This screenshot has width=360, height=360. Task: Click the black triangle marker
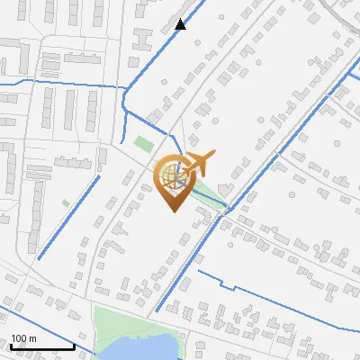(181, 24)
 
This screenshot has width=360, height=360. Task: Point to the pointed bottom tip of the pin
(171, 211)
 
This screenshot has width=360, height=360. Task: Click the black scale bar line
(42, 346)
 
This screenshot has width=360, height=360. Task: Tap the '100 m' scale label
(24, 338)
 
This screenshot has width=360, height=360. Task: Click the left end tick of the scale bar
(11, 345)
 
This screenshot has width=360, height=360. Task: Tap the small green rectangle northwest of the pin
(143, 142)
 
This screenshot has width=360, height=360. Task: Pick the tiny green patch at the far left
(66, 203)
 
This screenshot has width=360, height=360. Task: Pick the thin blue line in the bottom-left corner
(36, 324)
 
